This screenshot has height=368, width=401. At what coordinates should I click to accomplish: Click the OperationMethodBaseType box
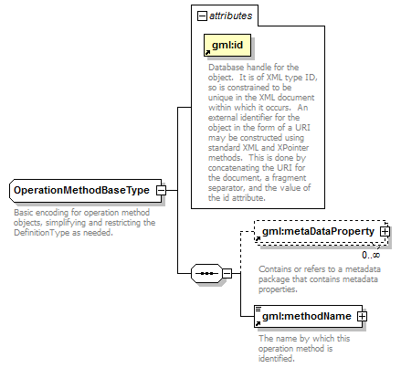(x=86, y=191)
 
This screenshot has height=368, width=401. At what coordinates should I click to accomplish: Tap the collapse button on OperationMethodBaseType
(x=161, y=191)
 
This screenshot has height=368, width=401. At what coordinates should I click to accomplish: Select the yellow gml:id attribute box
(x=227, y=45)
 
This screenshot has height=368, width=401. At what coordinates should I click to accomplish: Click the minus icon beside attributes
(x=202, y=16)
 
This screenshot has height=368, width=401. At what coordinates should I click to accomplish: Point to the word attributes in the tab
(x=231, y=16)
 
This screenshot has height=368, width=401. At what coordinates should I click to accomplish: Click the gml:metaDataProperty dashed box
(x=322, y=232)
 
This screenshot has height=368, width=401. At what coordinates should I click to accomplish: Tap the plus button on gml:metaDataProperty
(x=385, y=232)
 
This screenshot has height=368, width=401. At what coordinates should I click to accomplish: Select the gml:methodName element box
(x=308, y=316)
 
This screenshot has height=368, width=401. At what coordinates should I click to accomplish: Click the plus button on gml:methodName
(x=362, y=317)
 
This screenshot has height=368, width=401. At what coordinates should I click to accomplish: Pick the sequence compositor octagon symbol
(x=206, y=273)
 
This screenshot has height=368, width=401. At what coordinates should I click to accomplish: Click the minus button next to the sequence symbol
(x=227, y=273)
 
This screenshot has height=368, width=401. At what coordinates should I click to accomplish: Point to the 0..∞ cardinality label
(x=371, y=255)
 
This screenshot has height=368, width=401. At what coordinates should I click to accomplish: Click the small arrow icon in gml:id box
(x=207, y=53)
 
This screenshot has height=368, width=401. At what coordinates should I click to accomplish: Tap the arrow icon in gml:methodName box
(x=258, y=323)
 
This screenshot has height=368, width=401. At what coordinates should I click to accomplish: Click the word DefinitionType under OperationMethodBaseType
(x=42, y=233)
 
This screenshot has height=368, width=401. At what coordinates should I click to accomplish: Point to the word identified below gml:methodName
(x=277, y=359)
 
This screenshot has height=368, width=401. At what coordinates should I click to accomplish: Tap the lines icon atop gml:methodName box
(x=259, y=309)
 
